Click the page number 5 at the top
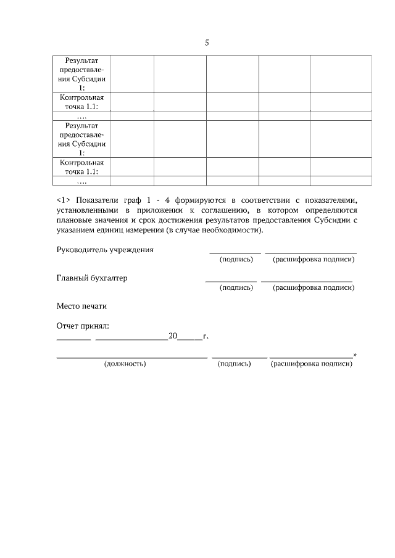207,43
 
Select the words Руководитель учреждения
105,250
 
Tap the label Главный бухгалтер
92,278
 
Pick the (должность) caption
125,364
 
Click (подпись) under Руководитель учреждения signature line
236,260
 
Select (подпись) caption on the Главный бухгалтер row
236,287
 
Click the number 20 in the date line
173,336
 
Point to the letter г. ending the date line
206,336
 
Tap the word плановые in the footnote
72,220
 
